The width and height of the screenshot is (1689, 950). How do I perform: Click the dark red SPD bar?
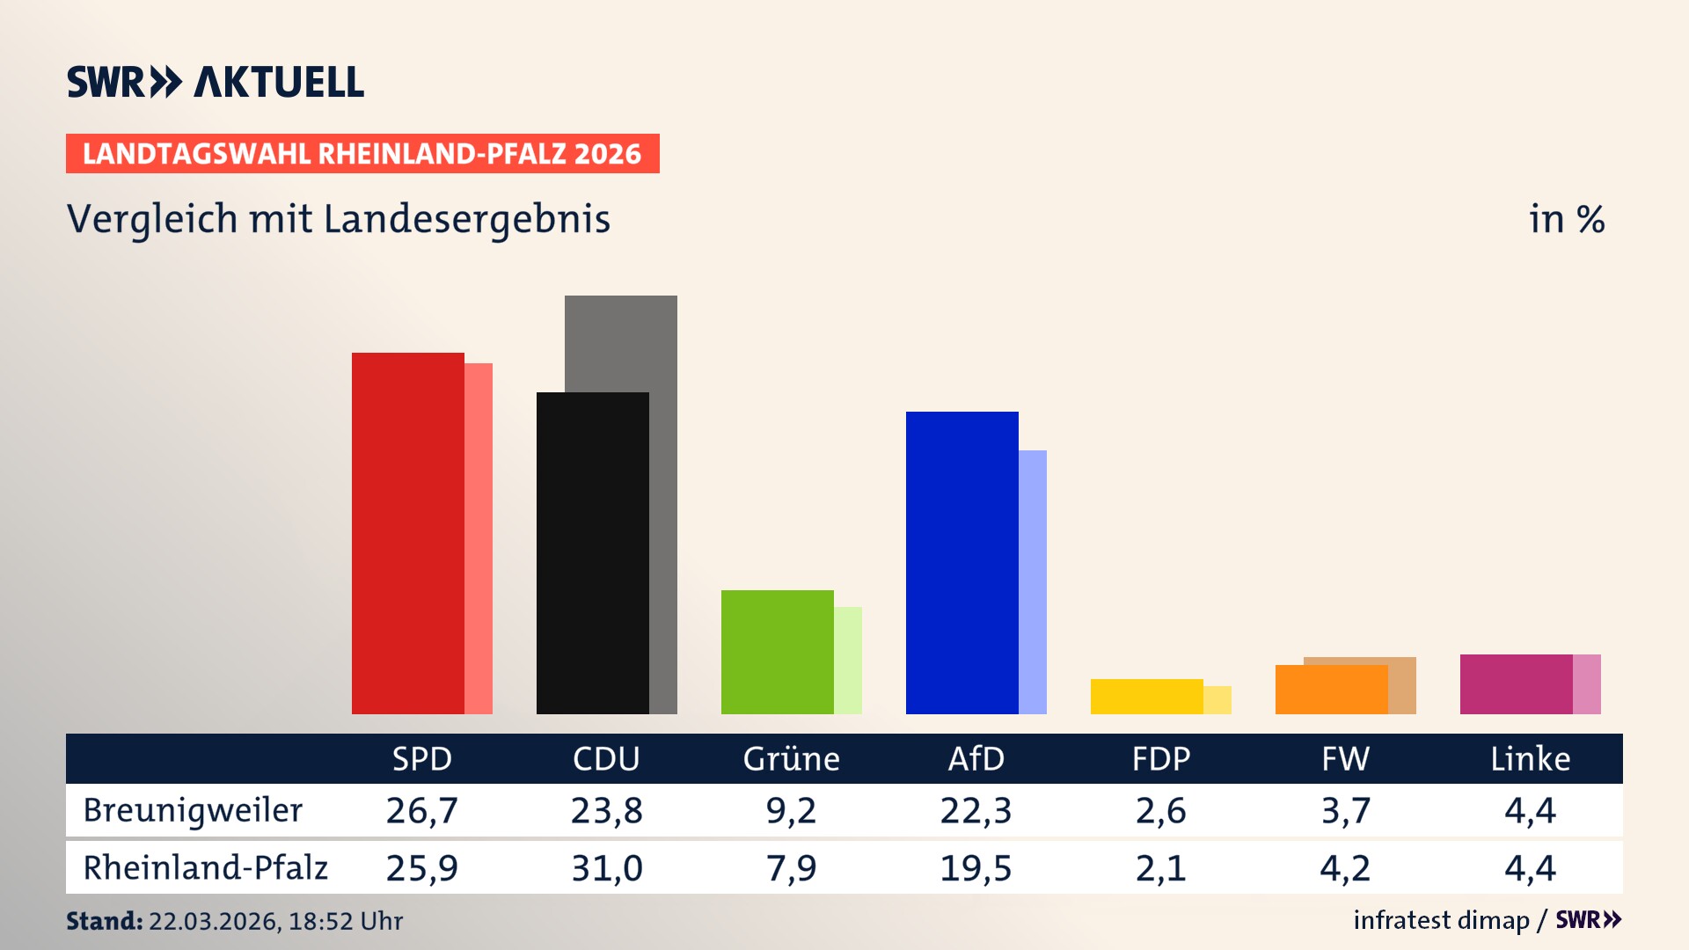pos(407,533)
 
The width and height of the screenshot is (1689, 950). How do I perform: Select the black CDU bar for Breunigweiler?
pos(592,552)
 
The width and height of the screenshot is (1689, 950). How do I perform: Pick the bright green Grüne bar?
pos(777,652)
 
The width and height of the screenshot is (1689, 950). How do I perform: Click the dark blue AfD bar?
pos(961,563)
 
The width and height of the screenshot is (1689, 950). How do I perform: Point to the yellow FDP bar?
pos(1146,697)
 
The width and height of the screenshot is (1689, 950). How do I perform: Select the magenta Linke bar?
pos(1516,684)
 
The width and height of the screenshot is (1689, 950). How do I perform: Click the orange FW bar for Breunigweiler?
pos(1331,690)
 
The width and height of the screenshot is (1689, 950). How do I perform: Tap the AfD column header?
pos(976,758)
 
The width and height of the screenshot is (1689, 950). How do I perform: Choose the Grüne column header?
pos(791,758)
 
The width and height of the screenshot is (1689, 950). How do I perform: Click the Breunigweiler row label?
pos(193,810)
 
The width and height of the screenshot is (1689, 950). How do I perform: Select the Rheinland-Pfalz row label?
pos(205,868)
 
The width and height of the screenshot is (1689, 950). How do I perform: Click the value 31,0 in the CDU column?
pos(606,868)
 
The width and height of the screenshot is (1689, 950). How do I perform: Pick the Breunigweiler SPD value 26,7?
pos(421,810)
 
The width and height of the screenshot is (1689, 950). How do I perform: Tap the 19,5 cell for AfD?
pos(976,868)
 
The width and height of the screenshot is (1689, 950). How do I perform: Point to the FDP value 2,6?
pos(1160,810)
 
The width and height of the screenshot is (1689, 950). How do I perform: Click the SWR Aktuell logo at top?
pos(215,82)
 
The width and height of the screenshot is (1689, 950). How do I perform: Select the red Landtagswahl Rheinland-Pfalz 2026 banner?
pos(362,154)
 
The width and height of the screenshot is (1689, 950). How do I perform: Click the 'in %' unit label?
pos(1566,219)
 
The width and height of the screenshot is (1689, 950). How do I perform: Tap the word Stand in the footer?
pos(104,921)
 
